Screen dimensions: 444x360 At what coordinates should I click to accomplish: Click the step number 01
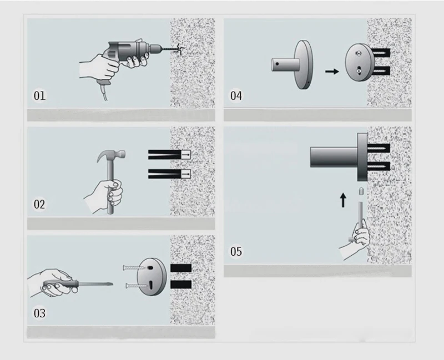click(39, 95)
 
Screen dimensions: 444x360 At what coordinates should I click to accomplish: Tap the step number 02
click(39, 204)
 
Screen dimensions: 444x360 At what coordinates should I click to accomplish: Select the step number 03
click(39, 313)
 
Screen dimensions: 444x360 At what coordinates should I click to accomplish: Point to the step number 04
click(236, 95)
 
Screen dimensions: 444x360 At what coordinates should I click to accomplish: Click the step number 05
click(236, 251)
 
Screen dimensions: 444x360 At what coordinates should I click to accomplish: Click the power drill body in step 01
click(128, 51)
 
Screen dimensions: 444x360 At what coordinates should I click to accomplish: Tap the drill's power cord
click(104, 90)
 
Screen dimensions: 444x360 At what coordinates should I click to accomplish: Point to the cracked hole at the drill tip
click(179, 49)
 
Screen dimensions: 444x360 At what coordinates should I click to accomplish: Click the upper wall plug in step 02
click(169, 155)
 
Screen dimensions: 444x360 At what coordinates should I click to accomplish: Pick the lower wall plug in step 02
click(169, 174)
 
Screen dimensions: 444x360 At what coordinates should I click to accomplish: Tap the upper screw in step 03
click(133, 267)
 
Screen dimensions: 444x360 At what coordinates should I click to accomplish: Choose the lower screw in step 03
click(136, 286)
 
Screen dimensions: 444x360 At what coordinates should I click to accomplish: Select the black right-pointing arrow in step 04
click(332, 72)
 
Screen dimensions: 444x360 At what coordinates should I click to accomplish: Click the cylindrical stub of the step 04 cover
click(285, 64)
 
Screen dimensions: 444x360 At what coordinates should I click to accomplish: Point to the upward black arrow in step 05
click(343, 200)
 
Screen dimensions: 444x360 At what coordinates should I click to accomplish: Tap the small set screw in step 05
click(361, 191)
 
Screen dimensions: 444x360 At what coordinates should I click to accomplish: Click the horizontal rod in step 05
click(334, 157)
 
